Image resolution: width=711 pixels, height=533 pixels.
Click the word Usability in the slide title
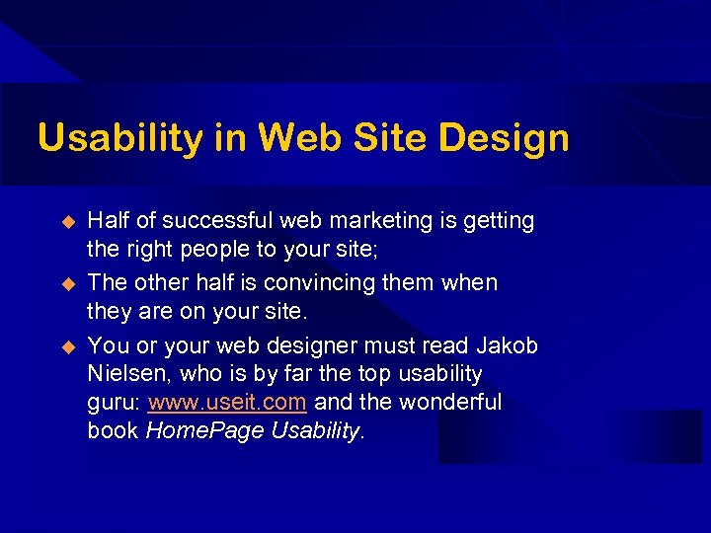118,138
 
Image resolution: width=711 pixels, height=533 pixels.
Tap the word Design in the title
505,138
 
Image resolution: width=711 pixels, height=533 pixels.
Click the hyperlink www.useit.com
226,403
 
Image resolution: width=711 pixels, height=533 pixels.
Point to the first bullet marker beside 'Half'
68,222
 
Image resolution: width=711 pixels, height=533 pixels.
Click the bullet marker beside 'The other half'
68,283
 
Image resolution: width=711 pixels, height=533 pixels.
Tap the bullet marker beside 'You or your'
68,346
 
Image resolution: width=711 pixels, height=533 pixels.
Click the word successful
205,221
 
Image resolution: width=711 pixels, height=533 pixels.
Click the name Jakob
507,345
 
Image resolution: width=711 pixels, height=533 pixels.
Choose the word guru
113,404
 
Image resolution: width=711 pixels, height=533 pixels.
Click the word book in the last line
113,431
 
